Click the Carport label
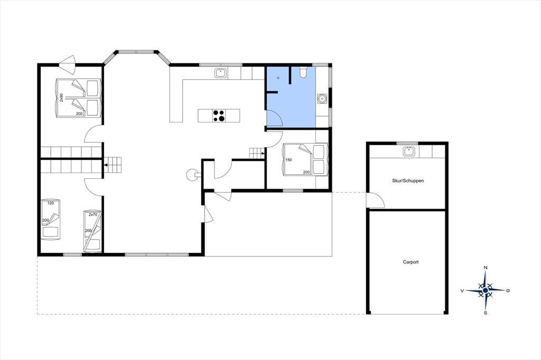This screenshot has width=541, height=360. (411, 262)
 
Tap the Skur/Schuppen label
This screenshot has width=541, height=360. (408, 181)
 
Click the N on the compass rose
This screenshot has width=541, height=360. (486, 268)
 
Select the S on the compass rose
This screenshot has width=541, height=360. (486, 313)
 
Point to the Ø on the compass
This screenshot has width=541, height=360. (508, 291)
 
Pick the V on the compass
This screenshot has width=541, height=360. (462, 291)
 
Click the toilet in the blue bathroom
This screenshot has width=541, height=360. (303, 72)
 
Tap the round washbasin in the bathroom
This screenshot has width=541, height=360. (322, 99)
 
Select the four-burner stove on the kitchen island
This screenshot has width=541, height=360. (219, 116)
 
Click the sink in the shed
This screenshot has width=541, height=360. (409, 151)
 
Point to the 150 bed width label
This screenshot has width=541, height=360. (289, 160)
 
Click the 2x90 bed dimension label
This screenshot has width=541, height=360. (61, 97)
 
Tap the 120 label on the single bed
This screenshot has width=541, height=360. (51, 203)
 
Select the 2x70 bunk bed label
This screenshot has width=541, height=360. (92, 214)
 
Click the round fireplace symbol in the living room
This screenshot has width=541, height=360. (191, 175)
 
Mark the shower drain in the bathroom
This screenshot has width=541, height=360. (278, 78)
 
